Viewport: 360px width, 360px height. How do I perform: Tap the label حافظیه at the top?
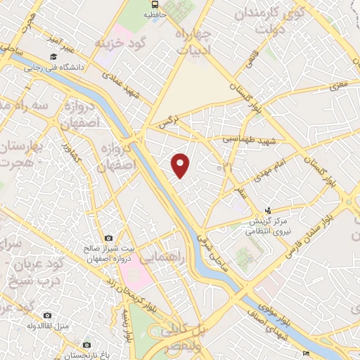point(155,13)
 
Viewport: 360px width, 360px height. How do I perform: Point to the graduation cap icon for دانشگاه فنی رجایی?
point(53,56)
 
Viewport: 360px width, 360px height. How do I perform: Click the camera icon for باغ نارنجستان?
point(86,345)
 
